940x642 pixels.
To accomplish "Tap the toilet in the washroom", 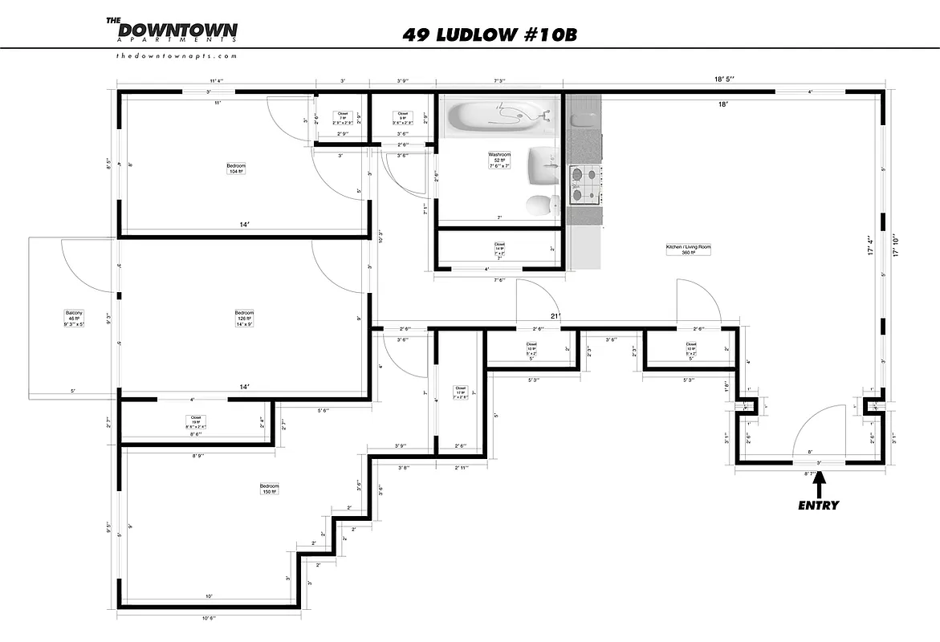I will click(x=543, y=205).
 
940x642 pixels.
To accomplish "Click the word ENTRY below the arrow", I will click(x=818, y=506).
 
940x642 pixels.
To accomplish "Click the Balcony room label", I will click(x=74, y=316).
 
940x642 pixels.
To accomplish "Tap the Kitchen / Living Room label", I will click(x=689, y=250).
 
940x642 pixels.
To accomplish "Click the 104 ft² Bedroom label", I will click(x=236, y=169).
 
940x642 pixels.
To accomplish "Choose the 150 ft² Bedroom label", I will click(x=269, y=489).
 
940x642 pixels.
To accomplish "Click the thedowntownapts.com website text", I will click(x=176, y=56).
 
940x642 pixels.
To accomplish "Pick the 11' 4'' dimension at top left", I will click(x=216, y=81).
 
